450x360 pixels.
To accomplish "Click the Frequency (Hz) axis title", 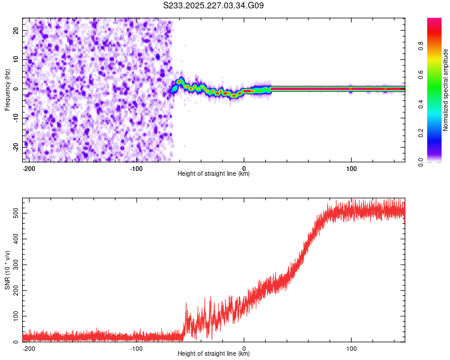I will [x=7, y=90].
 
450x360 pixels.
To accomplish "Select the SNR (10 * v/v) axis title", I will [x=7, y=270].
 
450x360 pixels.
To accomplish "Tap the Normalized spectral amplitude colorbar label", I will [x=446, y=90].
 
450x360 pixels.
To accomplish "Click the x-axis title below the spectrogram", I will [x=214, y=174].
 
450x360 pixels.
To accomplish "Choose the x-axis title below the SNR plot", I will [x=214, y=354].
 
